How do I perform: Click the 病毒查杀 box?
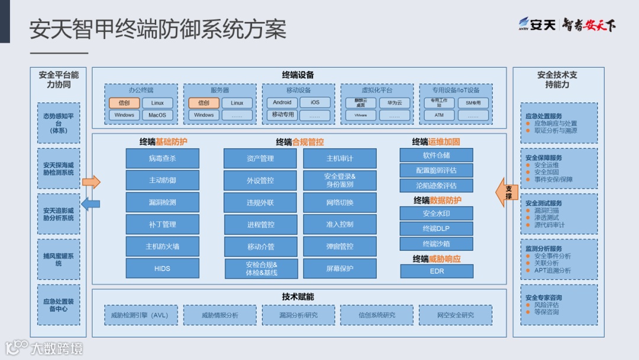pyautogui.click(x=162, y=158)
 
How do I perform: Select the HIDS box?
pyautogui.click(x=162, y=268)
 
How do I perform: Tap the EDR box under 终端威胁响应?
pyautogui.click(x=437, y=271)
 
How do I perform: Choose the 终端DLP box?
pyautogui.click(x=437, y=229)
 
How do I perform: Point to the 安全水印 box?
pyautogui.click(x=437, y=213)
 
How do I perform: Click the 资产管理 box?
pyautogui.click(x=260, y=158)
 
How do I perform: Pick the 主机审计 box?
pyautogui.click(x=340, y=158)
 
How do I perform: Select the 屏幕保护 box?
pyautogui.click(x=340, y=268)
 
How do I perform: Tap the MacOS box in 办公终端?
pyautogui.click(x=157, y=115)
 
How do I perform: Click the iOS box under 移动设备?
pyautogui.click(x=315, y=102)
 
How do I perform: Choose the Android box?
pyautogui.click(x=282, y=102)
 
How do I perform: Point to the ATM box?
pyautogui.click(x=439, y=115)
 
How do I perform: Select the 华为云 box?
pyautogui.click(x=395, y=102)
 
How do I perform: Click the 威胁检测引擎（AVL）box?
pyautogui.click(x=140, y=315)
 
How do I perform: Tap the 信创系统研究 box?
pyautogui.click(x=377, y=315)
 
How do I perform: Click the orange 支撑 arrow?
pyautogui.click(x=507, y=192)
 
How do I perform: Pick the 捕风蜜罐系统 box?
pyautogui.click(x=59, y=259)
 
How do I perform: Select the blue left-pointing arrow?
pyautogui.click(x=90, y=204)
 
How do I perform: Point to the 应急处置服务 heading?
pyautogui.click(x=544, y=116)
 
